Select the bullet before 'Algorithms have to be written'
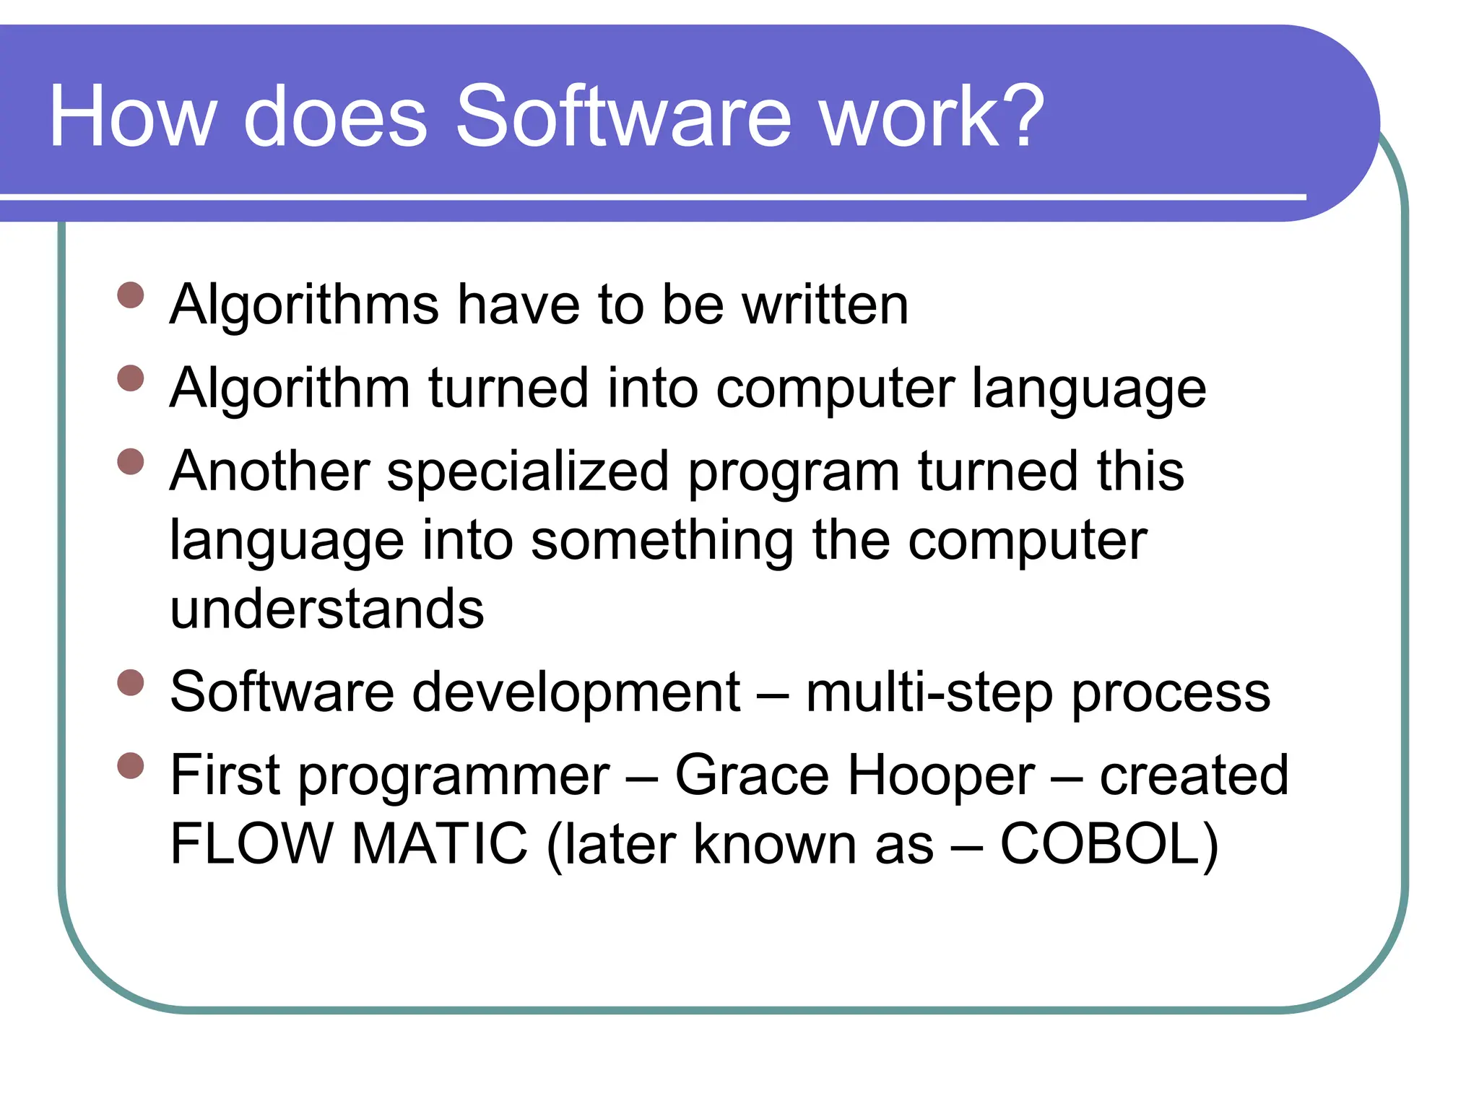pos(131,295)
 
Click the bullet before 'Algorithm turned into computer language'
pos(131,378)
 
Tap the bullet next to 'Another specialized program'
pos(131,461)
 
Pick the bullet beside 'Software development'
pos(131,682)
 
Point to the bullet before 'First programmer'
pos(131,765)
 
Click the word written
pos(825,305)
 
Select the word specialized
pos(528,471)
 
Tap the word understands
pos(326,609)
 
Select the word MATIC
pos(440,844)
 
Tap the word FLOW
pos(251,844)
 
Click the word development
pos(576,693)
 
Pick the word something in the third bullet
pos(662,541)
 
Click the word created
pos(1194,775)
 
